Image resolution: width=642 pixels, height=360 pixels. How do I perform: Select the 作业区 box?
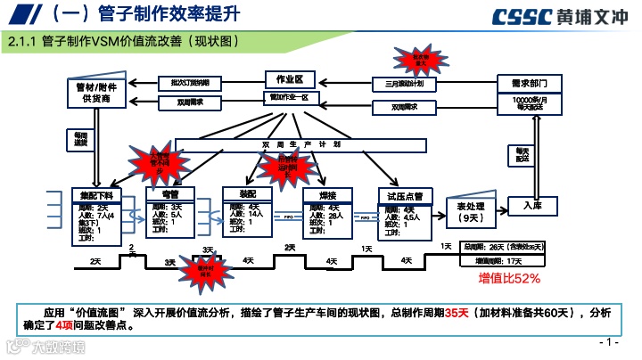click(x=292, y=79)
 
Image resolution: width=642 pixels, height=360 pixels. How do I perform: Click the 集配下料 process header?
click(x=96, y=194)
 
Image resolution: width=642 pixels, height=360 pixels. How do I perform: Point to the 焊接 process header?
click(x=325, y=193)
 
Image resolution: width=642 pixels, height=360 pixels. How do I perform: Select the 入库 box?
click(x=539, y=206)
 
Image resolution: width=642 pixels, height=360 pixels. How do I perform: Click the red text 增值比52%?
click(x=509, y=278)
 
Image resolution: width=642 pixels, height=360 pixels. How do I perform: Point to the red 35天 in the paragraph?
click(x=456, y=313)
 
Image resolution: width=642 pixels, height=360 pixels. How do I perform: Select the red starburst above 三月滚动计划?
click(x=419, y=61)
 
